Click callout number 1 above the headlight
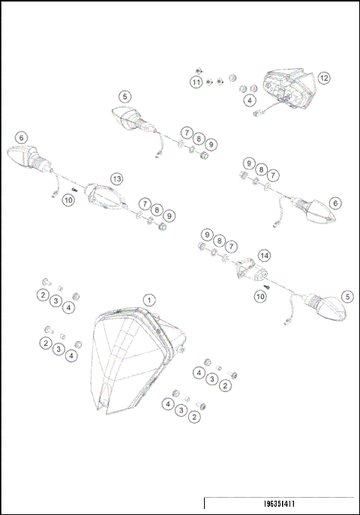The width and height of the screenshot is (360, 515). click(x=149, y=299)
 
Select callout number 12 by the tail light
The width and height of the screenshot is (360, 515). click(x=323, y=78)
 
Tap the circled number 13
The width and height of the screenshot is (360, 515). click(x=116, y=178)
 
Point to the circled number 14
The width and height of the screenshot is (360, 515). click(x=264, y=256)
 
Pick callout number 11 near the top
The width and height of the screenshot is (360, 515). click(x=196, y=82)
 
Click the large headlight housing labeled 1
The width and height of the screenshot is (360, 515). click(x=135, y=360)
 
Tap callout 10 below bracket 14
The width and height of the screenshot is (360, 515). click(x=259, y=296)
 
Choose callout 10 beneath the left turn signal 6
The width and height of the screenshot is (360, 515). click(x=68, y=199)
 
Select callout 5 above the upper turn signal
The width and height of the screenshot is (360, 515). click(x=124, y=96)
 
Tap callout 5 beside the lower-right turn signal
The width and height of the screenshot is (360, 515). click(x=346, y=296)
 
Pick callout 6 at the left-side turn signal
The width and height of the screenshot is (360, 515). click(x=21, y=138)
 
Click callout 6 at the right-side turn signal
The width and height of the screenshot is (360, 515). click(x=334, y=203)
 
